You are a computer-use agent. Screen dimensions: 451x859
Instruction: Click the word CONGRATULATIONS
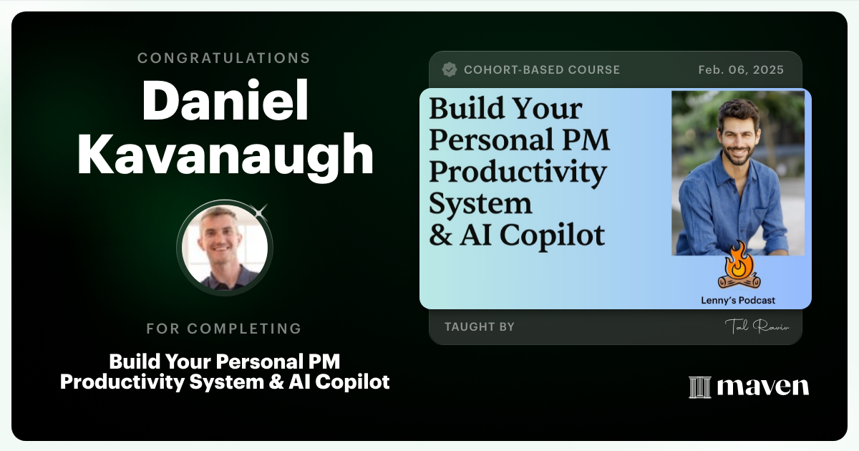coord(224,58)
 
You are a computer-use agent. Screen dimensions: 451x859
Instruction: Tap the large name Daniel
coord(225,102)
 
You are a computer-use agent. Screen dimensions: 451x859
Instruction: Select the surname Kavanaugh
coord(225,155)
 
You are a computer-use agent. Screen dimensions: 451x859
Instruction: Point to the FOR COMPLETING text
coord(224,329)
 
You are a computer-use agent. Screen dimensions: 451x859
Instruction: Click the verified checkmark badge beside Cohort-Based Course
coord(450,69)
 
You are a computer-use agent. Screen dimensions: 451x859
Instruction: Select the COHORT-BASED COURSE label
coord(541,70)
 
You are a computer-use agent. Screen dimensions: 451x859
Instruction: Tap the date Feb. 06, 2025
coord(741,70)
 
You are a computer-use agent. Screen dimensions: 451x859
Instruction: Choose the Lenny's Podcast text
coord(737,301)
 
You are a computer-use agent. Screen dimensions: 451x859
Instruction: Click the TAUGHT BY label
coord(479,327)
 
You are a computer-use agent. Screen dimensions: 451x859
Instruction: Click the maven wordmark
coord(762,387)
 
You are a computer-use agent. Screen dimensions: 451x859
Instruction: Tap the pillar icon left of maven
coord(699,387)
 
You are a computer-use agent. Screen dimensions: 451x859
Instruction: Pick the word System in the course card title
coord(480,204)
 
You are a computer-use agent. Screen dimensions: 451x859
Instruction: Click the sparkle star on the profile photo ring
coord(260,210)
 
